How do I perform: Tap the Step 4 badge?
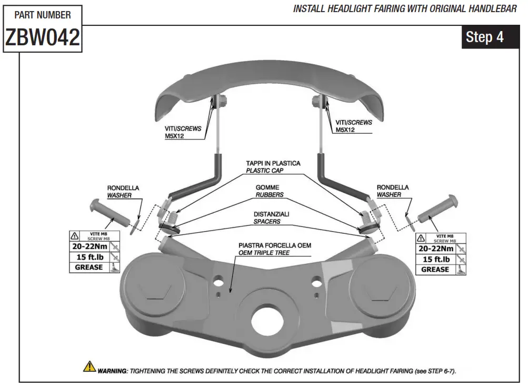click(484, 37)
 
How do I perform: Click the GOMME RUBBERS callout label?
click(269, 191)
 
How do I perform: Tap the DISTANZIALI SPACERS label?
click(271, 218)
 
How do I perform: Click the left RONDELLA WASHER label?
click(120, 191)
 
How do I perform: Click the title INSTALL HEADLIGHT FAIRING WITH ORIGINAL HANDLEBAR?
click(405, 9)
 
